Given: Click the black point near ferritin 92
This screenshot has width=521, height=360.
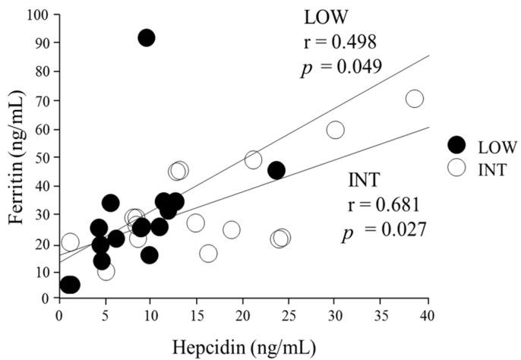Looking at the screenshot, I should point(146,38).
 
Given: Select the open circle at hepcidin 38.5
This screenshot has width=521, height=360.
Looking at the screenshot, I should point(414,99).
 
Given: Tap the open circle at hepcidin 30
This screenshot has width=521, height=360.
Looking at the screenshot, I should point(335,130).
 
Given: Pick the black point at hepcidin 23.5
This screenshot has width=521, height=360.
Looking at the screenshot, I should point(276,170).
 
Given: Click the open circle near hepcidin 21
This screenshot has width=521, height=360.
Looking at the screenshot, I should point(253,159).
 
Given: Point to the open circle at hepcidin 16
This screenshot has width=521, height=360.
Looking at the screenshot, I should point(207,253).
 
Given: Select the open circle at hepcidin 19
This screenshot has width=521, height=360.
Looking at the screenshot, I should point(232,229).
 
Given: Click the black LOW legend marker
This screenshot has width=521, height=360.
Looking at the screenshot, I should point(456,145).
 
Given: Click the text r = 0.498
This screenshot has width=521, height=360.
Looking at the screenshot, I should point(339,42).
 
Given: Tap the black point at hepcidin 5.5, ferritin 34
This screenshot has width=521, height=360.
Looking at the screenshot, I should point(110,203).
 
